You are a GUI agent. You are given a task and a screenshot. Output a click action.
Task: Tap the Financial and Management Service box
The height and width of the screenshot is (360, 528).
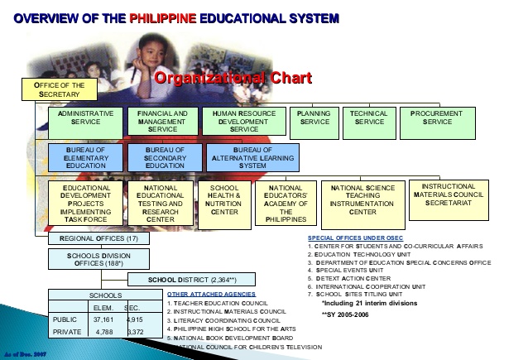tap(162, 122)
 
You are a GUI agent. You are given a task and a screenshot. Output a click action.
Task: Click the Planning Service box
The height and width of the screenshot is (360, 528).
tap(314, 118)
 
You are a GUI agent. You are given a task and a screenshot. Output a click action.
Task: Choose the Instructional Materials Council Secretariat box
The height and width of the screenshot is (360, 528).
tap(447, 195)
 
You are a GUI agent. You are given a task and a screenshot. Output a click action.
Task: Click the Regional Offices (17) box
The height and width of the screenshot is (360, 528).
tap(98, 238)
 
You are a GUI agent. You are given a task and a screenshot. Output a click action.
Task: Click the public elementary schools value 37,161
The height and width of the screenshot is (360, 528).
tap(103, 318)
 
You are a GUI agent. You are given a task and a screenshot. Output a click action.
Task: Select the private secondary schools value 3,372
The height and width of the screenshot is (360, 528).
tap(134, 332)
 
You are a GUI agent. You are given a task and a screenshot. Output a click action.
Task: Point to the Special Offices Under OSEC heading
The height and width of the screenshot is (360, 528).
tap(354, 238)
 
